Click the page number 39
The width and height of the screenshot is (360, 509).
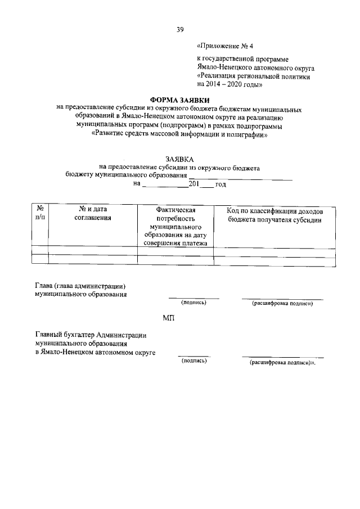(180, 29)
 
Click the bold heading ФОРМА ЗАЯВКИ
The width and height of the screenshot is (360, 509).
(179, 100)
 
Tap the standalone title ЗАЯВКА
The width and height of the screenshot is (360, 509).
(179, 159)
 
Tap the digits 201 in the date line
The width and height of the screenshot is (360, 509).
(194, 183)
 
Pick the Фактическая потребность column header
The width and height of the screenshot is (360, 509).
(175, 226)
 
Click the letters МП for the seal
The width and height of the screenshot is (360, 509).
(169, 318)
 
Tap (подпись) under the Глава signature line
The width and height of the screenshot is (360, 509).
(194, 303)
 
